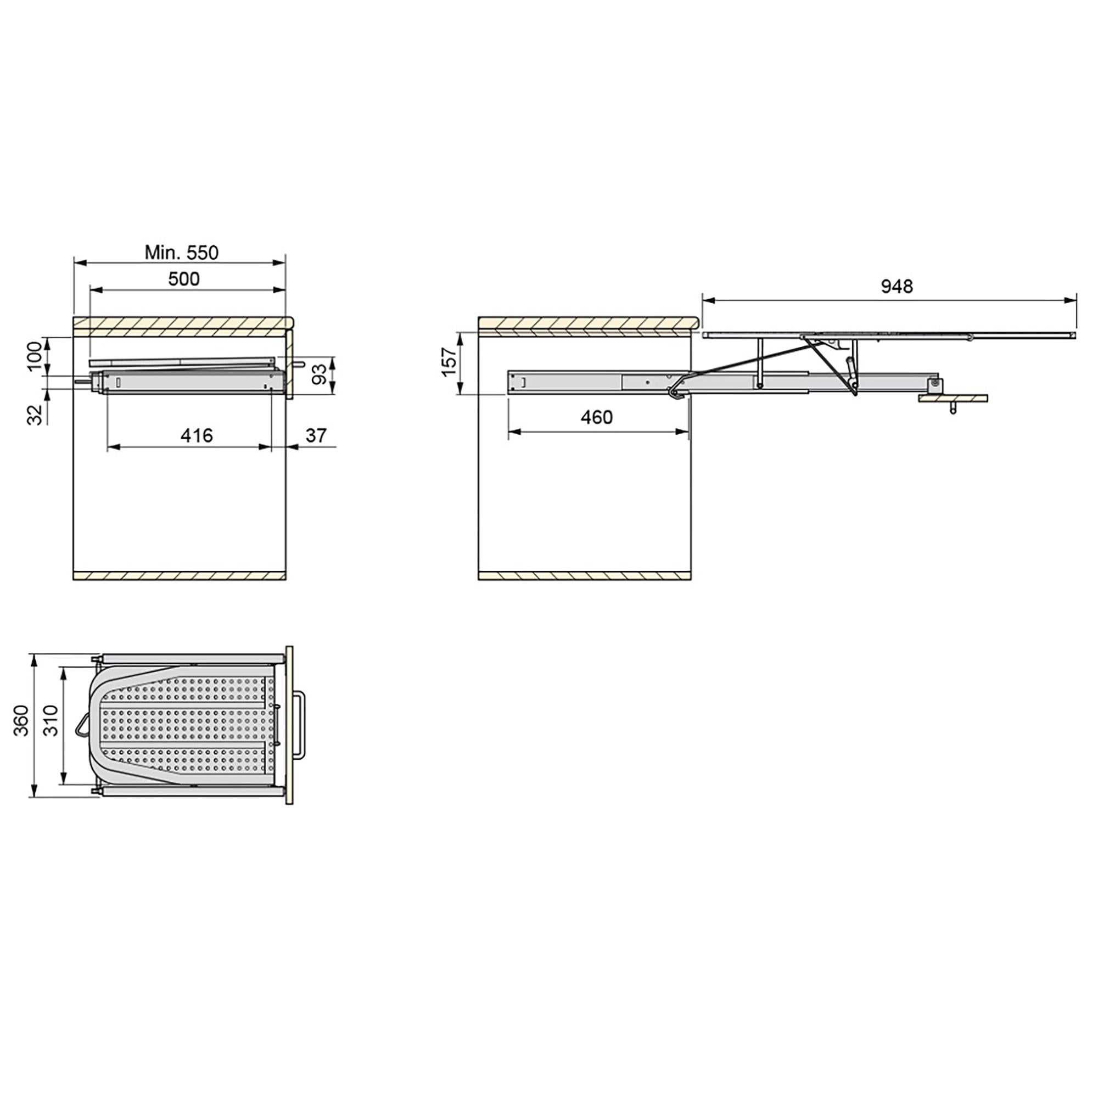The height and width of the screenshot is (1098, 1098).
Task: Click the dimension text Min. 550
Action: [181, 253]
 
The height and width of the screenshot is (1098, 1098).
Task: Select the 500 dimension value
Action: [184, 279]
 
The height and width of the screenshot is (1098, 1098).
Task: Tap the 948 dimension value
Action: [897, 287]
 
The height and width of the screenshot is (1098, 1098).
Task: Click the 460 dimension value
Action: [597, 418]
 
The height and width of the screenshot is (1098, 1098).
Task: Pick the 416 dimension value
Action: [197, 435]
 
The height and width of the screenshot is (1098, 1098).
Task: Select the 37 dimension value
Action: [316, 435]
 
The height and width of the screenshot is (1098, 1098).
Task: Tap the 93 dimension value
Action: [321, 374]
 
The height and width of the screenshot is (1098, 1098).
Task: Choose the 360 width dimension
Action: [21, 721]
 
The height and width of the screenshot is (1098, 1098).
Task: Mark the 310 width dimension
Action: [51, 721]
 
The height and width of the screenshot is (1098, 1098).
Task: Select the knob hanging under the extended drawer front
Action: [953, 409]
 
